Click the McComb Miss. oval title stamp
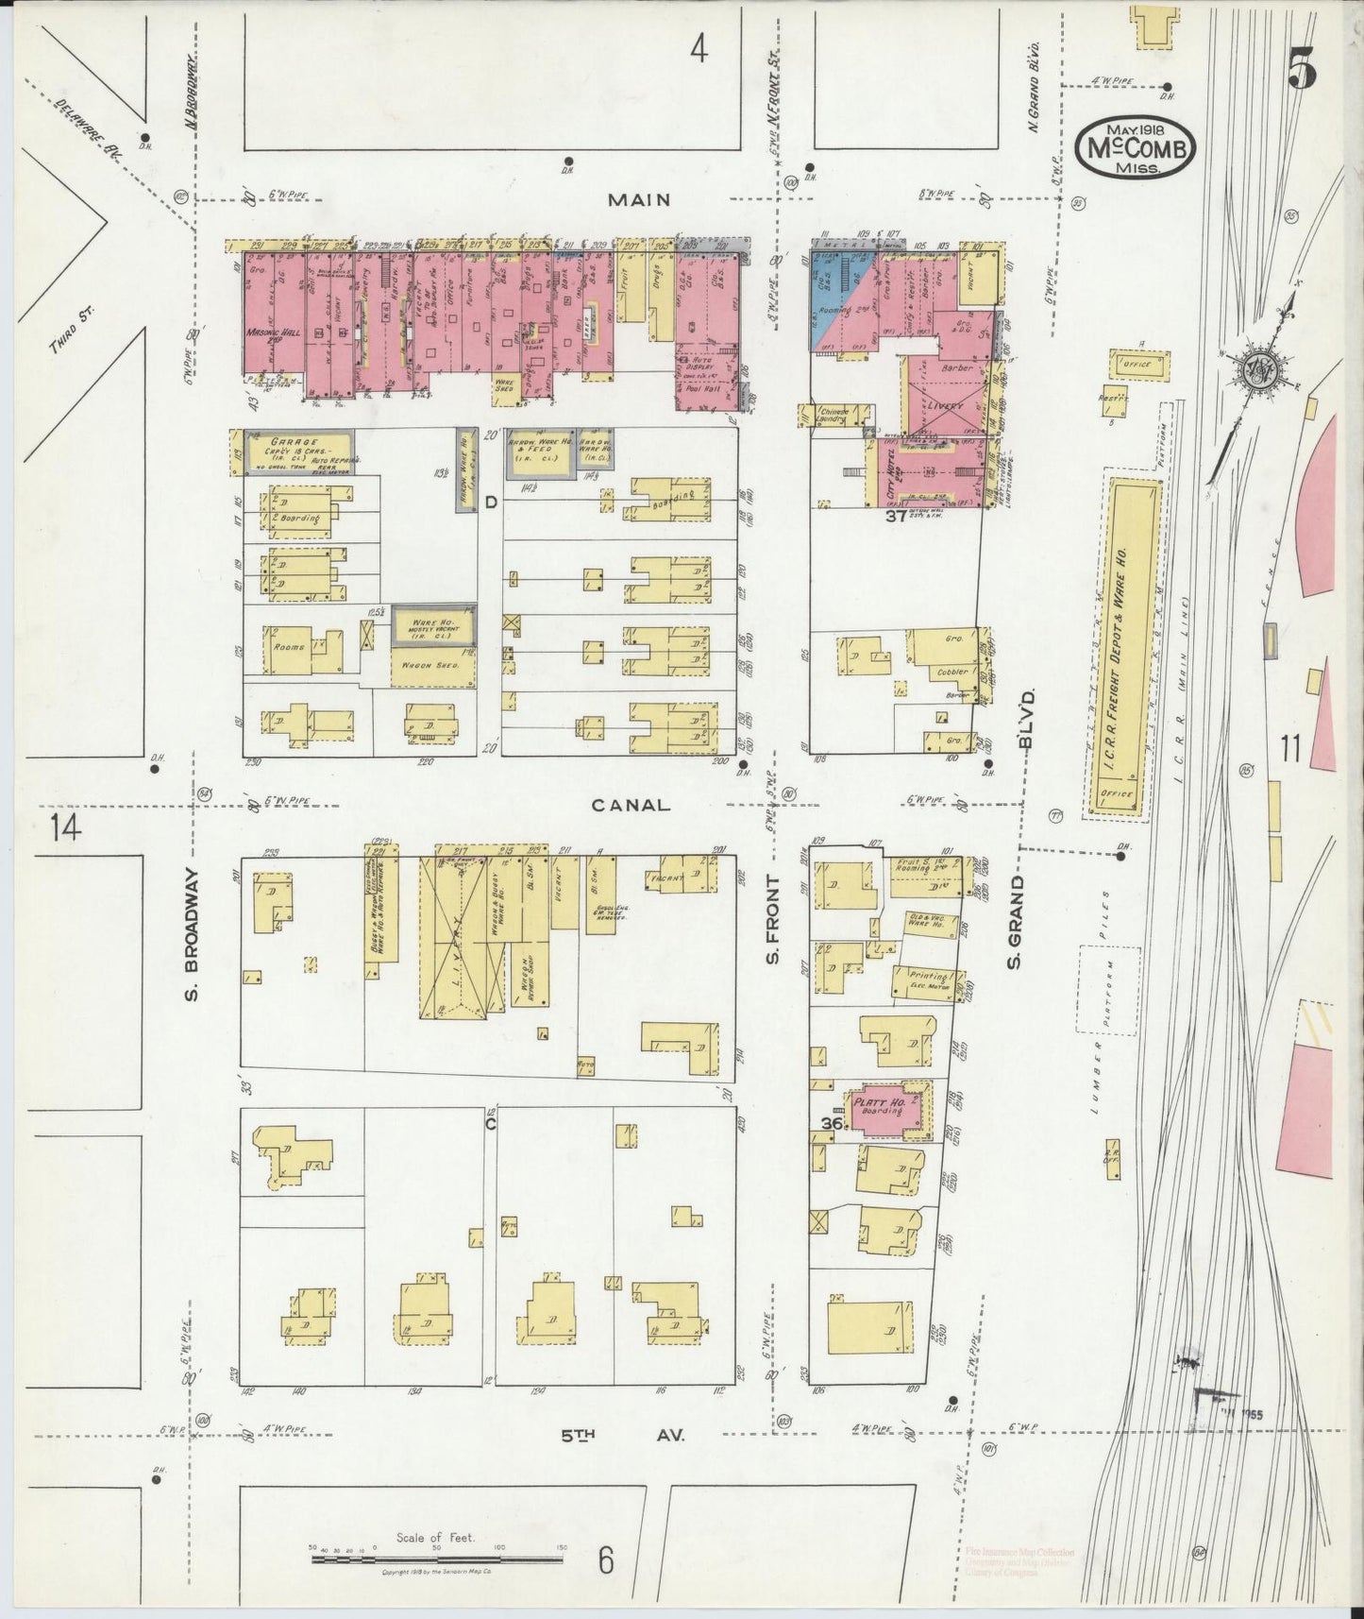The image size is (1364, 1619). pos(1136,147)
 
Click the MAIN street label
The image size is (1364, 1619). pos(639,199)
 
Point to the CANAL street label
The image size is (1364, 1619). pos(631,805)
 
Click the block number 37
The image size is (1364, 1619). pos(895,517)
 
